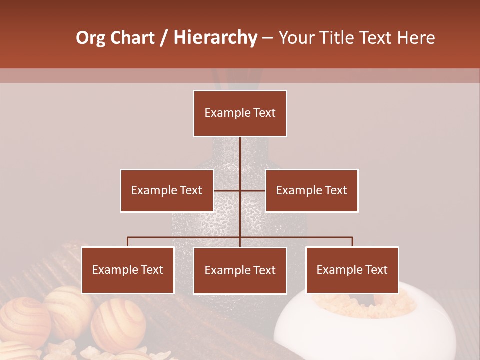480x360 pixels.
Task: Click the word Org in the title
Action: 91,38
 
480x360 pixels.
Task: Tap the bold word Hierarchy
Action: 215,38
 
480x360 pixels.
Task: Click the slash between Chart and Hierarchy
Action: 164,38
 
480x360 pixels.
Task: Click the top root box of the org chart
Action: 240,113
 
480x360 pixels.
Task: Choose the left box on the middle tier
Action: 167,190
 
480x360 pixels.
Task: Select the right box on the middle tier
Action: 312,190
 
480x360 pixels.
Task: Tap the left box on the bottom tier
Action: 128,270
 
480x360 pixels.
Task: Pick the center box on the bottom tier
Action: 240,270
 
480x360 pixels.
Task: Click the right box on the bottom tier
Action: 352,270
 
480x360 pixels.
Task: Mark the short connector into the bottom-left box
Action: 128,242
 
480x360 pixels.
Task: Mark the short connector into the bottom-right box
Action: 352,242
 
